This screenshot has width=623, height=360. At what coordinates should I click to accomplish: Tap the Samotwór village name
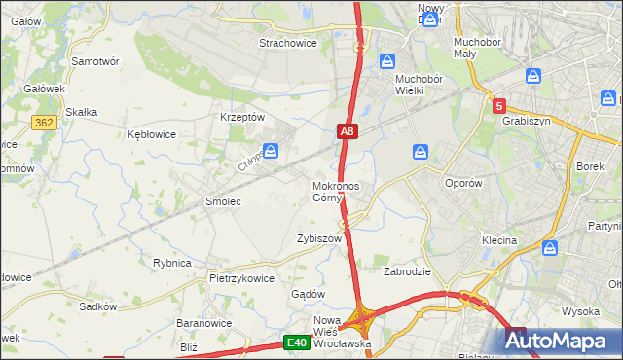[x=95, y=60]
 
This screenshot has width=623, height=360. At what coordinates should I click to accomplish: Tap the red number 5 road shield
[x=498, y=105]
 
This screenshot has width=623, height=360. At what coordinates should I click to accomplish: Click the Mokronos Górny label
[x=336, y=192]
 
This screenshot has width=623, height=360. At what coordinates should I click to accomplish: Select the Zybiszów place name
[x=319, y=238]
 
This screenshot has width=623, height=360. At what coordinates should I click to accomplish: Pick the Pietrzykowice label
[x=242, y=278]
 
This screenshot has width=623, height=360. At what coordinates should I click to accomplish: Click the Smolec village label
[x=222, y=201]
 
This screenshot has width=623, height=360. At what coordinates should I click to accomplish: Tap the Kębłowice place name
[x=152, y=134]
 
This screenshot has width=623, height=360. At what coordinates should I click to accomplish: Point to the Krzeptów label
[x=243, y=117]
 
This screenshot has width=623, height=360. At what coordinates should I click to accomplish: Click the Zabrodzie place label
[x=407, y=271]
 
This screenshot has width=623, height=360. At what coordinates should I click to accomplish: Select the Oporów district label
[x=462, y=183]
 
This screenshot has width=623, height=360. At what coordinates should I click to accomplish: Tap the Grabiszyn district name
[x=528, y=122]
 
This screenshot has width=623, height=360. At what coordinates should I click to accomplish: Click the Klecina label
[x=498, y=239]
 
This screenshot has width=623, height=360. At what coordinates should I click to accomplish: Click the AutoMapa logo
[x=562, y=341]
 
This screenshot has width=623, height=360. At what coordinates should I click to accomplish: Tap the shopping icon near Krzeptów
[x=272, y=150]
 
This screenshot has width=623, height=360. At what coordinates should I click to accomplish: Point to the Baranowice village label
[x=202, y=323]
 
